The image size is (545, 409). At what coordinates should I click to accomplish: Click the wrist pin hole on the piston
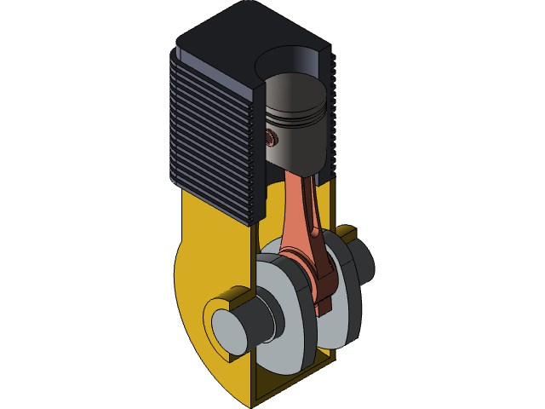pyautogui.click(x=272, y=137)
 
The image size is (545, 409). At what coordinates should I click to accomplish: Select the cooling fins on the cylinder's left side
pyautogui.click(x=213, y=136)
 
